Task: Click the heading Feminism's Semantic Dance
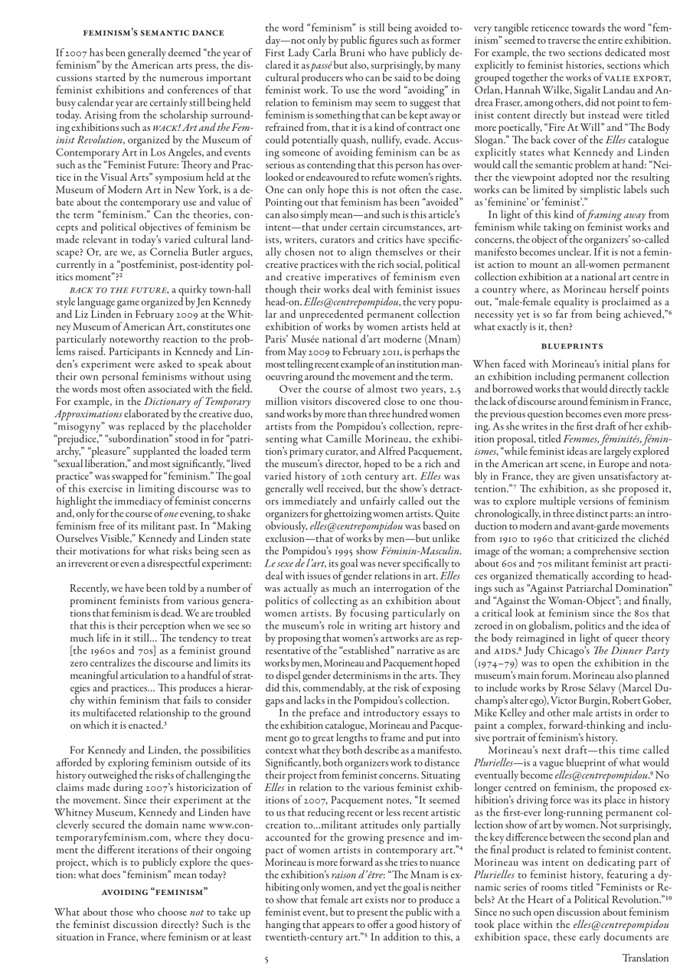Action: pyautogui.click(x=154, y=33)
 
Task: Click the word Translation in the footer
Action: pyautogui.click(x=645, y=957)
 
